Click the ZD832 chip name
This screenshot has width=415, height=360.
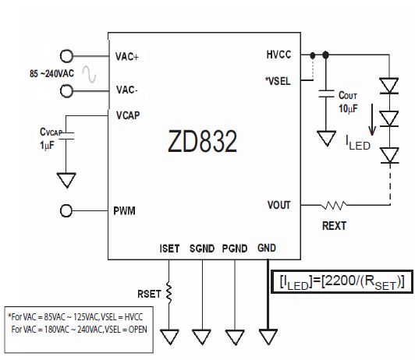pyautogui.click(x=203, y=141)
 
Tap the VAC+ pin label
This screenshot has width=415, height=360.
pyautogui.click(x=127, y=57)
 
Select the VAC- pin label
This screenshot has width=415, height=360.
pyautogui.click(x=127, y=90)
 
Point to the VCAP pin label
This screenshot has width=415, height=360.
pyautogui.click(x=128, y=115)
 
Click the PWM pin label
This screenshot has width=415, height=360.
pyautogui.click(x=124, y=210)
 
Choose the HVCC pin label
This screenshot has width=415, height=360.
pyautogui.click(x=278, y=55)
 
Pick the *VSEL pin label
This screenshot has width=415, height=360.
pyautogui.click(x=278, y=81)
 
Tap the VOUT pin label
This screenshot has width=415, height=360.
pyautogui.click(x=279, y=205)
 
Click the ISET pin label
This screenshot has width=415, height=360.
pyautogui.click(x=169, y=249)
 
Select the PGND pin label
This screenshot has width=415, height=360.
pyautogui.click(x=235, y=249)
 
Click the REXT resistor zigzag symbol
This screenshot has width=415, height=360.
pyautogui.click(x=334, y=205)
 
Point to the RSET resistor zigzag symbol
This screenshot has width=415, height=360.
pyautogui.click(x=168, y=293)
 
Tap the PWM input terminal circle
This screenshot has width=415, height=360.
pyautogui.click(x=66, y=210)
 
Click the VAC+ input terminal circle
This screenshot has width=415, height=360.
pyautogui.click(x=66, y=56)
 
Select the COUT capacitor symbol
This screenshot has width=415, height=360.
pyautogui.click(x=326, y=94)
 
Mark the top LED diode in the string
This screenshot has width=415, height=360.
pyautogui.click(x=388, y=86)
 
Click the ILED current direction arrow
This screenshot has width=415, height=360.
pyautogui.click(x=372, y=119)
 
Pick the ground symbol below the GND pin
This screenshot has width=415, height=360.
pyautogui.click(x=268, y=337)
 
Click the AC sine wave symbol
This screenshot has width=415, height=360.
pyautogui.click(x=89, y=74)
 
